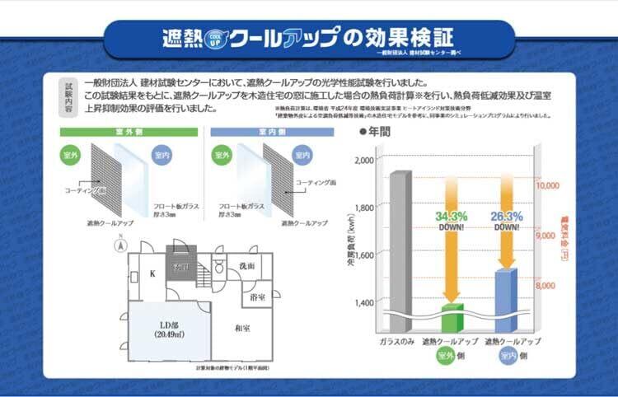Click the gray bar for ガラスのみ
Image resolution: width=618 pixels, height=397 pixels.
click(400, 247)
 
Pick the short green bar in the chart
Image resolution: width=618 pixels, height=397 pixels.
click(452, 316)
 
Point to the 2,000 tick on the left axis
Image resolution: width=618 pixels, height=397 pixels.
click(362, 160)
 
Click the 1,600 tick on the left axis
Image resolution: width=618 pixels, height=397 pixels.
click(362, 255)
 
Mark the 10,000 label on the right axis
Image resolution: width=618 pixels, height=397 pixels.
click(548, 186)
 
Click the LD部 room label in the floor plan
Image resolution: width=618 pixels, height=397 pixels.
click(167, 328)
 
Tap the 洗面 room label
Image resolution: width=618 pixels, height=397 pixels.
click(246, 266)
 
